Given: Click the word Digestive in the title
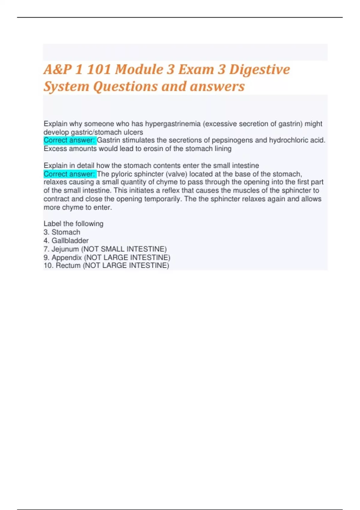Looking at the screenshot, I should click(259, 70).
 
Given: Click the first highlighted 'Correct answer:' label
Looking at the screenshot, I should click(70, 140).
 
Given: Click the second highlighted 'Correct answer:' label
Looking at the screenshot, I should click(70, 174).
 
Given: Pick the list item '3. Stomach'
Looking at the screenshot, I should click(62, 232).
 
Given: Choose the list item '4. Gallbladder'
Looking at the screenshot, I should click(66, 241).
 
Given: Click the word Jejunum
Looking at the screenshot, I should click(65, 249).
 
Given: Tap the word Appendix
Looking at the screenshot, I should click(67, 257).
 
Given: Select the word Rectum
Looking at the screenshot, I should click(68, 265).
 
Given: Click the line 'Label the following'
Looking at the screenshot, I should click(73, 224).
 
